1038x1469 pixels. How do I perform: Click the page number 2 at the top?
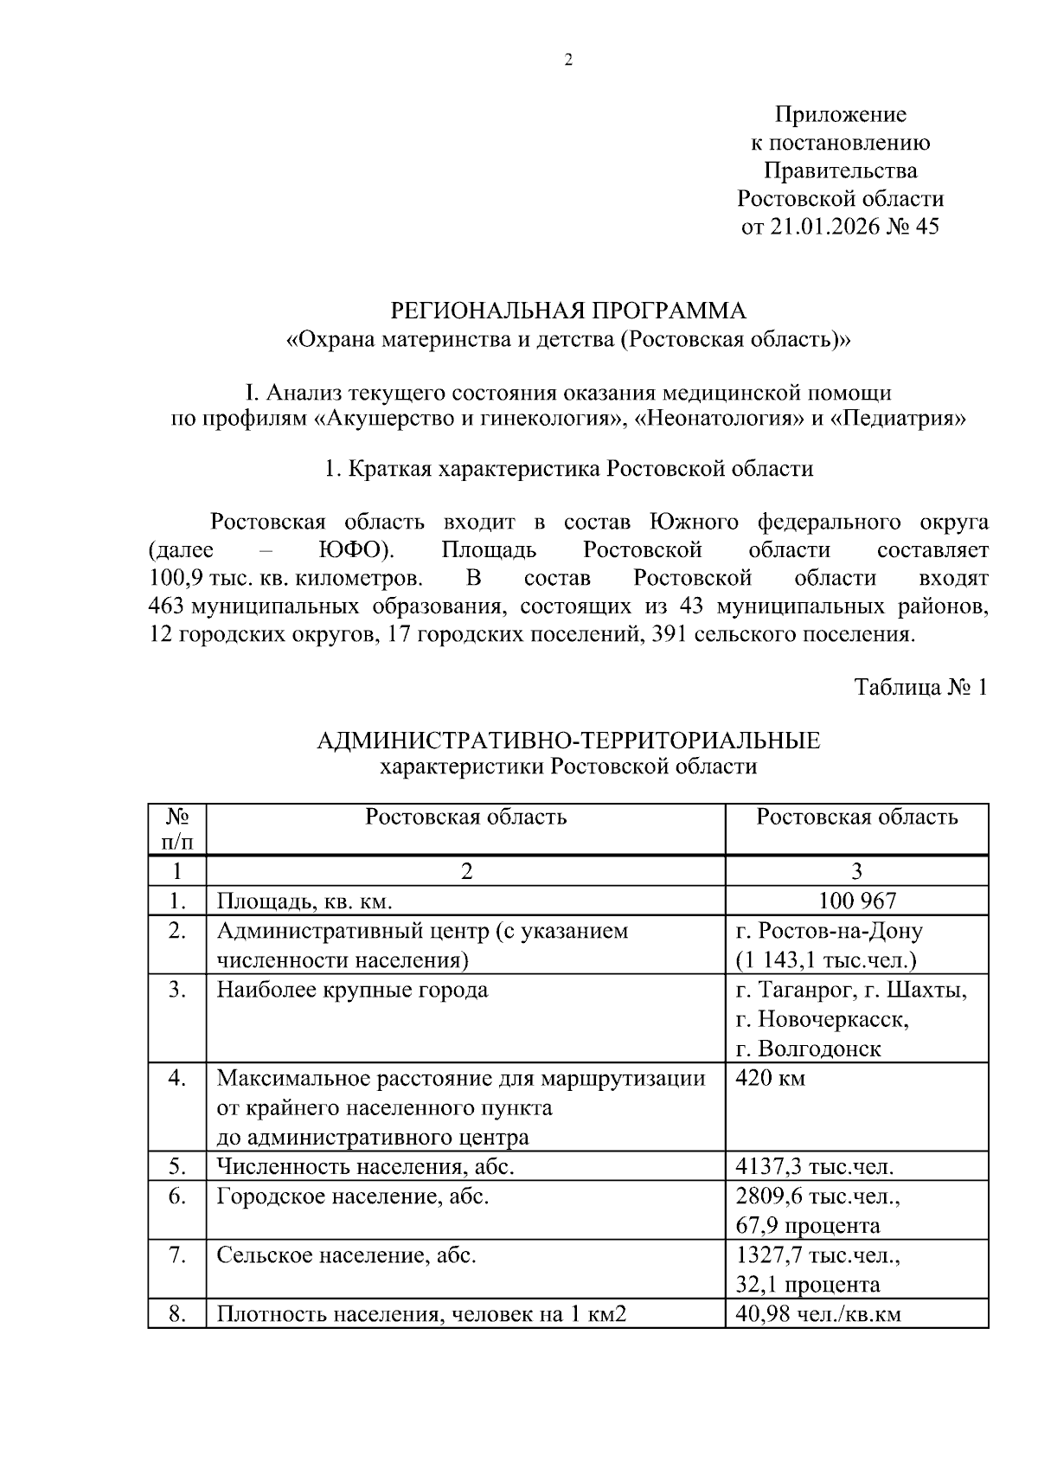(x=568, y=60)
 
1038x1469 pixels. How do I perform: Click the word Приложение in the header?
(x=840, y=114)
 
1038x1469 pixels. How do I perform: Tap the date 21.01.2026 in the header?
(x=822, y=227)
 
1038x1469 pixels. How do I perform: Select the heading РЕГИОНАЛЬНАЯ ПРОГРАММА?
(x=567, y=310)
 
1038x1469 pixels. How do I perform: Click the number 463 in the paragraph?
(x=167, y=606)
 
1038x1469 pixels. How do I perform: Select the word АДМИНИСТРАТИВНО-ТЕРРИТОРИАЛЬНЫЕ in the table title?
(x=567, y=741)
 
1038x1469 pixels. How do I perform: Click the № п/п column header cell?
(x=176, y=828)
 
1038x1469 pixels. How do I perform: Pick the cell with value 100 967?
(x=856, y=901)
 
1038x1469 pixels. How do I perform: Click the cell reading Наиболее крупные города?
(x=352, y=990)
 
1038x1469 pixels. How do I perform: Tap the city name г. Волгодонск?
(x=808, y=1049)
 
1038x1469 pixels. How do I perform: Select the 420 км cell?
(x=770, y=1079)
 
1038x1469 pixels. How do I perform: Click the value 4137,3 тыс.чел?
(x=814, y=1166)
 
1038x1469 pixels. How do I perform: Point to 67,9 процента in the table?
(x=807, y=1225)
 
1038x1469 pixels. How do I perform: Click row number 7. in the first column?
(x=176, y=1255)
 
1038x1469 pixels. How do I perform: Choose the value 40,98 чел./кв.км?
(x=817, y=1314)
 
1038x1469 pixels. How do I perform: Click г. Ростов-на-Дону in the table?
(x=829, y=931)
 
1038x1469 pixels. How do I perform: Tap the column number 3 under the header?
(x=856, y=870)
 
